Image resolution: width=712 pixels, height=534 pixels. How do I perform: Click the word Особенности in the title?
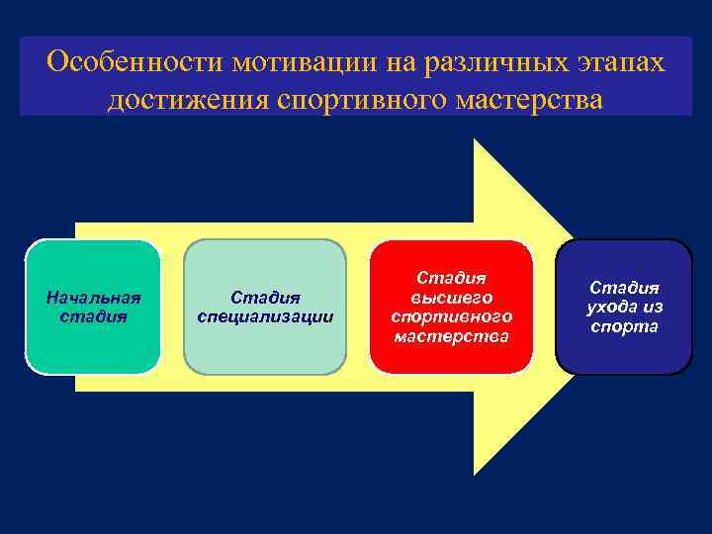pyautogui.click(x=134, y=62)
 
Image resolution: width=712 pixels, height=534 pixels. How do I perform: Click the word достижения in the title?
pyautogui.click(x=188, y=101)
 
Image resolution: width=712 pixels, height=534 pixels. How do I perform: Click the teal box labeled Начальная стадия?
pyautogui.click(x=93, y=307)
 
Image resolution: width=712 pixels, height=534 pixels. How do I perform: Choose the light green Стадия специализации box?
pyautogui.click(x=265, y=307)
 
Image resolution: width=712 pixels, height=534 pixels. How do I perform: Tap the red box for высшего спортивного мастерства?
pyautogui.click(x=451, y=307)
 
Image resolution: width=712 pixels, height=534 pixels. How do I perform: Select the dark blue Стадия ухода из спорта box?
pyautogui.click(x=624, y=307)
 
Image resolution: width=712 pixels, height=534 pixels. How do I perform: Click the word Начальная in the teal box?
pyautogui.click(x=93, y=297)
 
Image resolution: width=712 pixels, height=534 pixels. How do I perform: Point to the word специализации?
pyautogui.click(x=265, y=316)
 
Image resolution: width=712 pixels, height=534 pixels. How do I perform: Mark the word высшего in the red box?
pyautogui.click(x=451, y=297)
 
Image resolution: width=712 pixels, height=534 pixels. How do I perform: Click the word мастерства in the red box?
pyautogui.click(x=451, y=336)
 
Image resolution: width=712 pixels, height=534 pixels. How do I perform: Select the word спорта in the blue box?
pyautogui.click(x=624, y=326)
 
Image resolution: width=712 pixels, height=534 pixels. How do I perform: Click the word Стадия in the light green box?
pyautogui.click(x=265, y=297)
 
